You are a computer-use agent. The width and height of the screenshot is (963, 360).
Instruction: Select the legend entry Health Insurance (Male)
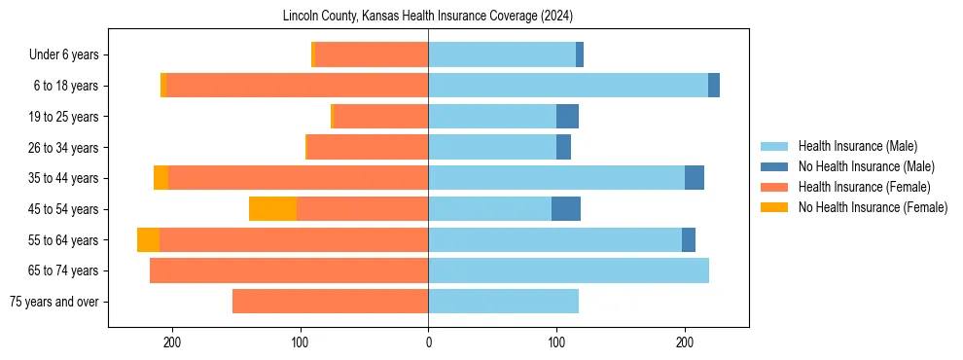click(857, 146)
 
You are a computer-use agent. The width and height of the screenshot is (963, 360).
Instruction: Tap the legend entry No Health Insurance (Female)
click(873, 207)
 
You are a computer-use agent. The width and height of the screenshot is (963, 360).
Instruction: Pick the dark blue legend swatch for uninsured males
click(775, 166)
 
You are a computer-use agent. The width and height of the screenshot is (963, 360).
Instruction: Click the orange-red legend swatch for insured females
click(775, 187)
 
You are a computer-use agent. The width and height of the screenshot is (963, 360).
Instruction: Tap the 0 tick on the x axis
click(428, 342)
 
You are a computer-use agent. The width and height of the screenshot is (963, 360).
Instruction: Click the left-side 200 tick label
click(172, 342)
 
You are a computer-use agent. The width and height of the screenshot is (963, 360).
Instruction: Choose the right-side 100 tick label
click(556, 342)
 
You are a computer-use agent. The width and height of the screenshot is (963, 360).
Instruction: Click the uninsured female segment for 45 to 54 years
click(272, 209)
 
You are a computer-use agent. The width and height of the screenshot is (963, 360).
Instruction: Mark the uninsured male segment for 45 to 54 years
click(566, 209)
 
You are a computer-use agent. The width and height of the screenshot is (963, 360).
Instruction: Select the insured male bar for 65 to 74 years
click(568, 270)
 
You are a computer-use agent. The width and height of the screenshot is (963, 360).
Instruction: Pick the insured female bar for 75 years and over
click(330, 302)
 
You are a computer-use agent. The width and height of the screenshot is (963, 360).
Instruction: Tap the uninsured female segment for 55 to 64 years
click(148, 240)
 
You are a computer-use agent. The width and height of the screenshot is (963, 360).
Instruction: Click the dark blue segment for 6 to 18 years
click(714, 86)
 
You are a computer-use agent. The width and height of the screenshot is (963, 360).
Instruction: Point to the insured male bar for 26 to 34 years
click(492, 148)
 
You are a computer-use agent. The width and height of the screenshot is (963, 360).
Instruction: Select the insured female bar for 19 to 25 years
click(380, 117)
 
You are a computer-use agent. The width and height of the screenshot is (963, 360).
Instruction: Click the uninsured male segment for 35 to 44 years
click(695, 178)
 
